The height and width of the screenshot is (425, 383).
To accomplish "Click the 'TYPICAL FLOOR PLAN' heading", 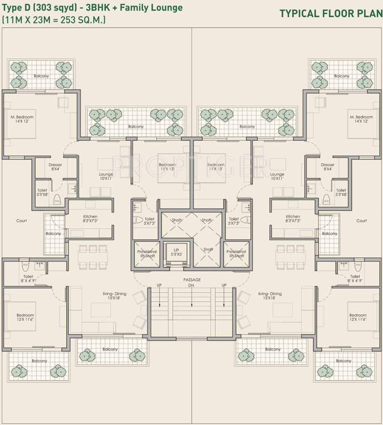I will (x=330, y=13).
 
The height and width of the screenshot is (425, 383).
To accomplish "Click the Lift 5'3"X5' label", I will (x=176, y=252).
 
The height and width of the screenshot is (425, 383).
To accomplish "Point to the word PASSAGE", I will (x=192, y=280).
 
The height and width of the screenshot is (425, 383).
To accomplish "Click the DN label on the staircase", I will (x=192, y=286).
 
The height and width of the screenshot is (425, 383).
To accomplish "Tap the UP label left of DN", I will (x=160, y=286).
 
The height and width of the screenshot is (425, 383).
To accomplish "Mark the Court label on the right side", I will (x=361, y=221).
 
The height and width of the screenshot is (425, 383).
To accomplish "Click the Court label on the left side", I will (x=22, y=221).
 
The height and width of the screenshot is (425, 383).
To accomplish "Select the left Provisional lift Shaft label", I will (x=147, y=253).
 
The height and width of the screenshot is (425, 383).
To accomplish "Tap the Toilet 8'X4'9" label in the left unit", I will (x=28, y=278).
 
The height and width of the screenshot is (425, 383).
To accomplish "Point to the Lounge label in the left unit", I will (x=106, y=177).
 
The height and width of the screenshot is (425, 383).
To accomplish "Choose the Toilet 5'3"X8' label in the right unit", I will (x=341, y=192).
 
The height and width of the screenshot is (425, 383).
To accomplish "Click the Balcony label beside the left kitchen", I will (x=53, y=234).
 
